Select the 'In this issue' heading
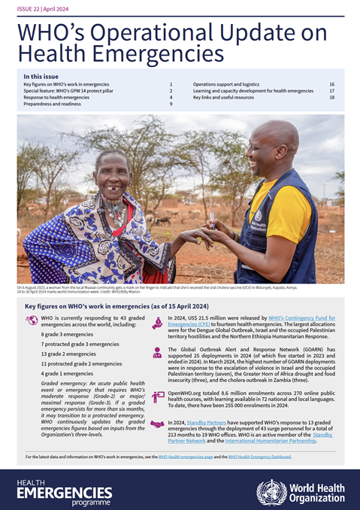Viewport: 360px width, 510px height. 44,76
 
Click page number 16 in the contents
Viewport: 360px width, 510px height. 331,84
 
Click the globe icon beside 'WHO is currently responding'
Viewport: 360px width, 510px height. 32,320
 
